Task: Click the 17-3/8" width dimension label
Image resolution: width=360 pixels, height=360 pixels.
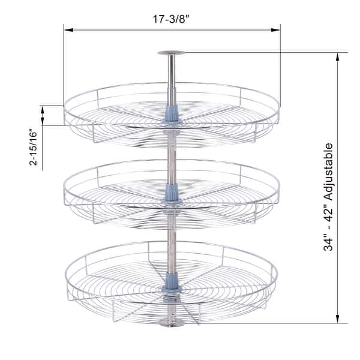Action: click(171, 19)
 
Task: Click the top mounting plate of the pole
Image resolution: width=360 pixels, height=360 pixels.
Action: click(172, 53)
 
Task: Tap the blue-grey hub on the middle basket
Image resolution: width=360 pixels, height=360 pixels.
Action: click(172, 192)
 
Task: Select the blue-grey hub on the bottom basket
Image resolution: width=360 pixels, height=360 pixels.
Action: click(172, 282)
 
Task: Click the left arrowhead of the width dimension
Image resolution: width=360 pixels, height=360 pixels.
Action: click(67, 29)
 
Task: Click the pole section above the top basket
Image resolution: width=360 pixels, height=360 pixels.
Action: click(172, 78)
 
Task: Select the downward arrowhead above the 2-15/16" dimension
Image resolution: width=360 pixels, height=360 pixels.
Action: click(43, 109)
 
